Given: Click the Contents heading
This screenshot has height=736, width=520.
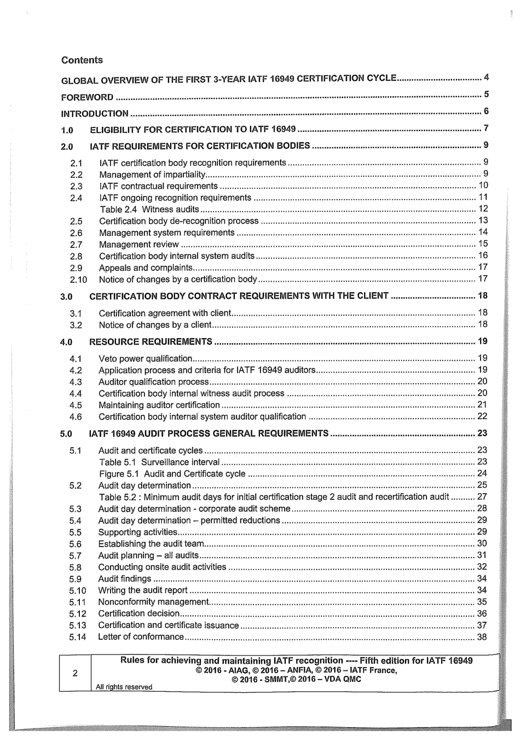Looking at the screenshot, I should [x=82, y=60].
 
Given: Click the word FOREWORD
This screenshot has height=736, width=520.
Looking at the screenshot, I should [x=87, y=98].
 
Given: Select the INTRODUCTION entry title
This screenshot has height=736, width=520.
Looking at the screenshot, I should [x=95, y=114].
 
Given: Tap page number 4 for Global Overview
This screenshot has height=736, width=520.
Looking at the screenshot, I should [x=486, y=77].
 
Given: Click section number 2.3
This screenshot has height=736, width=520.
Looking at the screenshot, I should [x=76, y=187].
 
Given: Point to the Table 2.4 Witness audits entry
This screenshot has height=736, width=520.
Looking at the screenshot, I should [x=149, y=210].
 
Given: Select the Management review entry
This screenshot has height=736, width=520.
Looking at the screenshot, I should [x=138, y=245].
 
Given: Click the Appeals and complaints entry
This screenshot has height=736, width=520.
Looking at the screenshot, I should [x=145, y=268].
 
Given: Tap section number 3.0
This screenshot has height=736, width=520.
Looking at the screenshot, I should [x=66, y=297].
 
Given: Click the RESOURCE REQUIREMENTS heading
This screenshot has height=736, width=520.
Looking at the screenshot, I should [x=151, y=342].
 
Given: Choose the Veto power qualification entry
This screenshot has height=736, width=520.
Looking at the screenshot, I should [x=145, y=359].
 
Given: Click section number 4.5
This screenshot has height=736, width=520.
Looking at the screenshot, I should [x=76, y=405].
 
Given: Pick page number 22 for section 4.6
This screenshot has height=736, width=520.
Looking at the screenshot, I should [x=482, y=416].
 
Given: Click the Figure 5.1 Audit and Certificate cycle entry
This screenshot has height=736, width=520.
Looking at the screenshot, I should [x=172, y=474].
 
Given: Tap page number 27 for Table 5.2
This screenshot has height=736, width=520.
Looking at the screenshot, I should [x=482, y=497].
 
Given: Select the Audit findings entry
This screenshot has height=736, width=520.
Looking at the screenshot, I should [x=124, y=579].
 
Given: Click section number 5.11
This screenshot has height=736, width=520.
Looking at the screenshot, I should [x=78, y=602].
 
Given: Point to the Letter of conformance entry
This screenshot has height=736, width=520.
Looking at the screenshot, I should [x=141, y=637].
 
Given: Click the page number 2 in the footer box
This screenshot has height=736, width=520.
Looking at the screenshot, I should [x=75, y=673].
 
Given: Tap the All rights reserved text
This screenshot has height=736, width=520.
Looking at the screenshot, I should [x=124, y=687].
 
